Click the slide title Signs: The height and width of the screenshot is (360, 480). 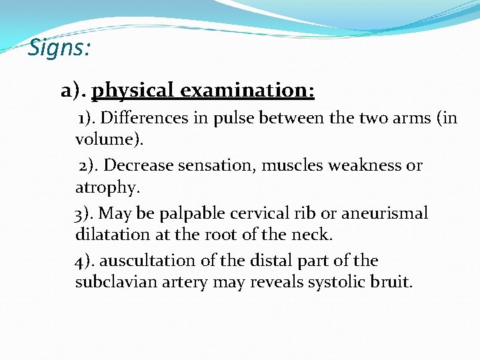pyautogui.click(x=60, y=48)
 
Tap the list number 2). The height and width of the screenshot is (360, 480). pyautogui.click(x=89, y=165)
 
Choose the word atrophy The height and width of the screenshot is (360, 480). pyautogui.click(x=107, y=188)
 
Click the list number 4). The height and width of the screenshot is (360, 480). pyautogui.click(x=85, y=261)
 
